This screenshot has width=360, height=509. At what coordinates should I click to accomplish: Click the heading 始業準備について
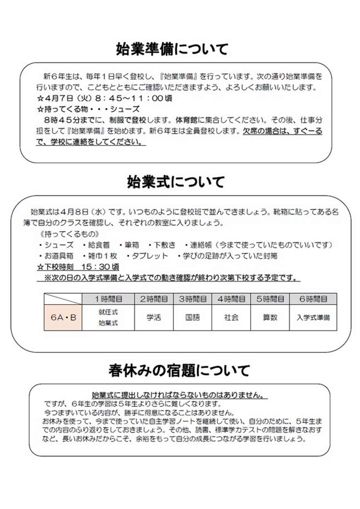[x=172, y=49]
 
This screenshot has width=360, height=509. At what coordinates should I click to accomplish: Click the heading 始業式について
[x=176, y=182]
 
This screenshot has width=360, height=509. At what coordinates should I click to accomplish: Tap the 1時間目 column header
[x=108, y=299]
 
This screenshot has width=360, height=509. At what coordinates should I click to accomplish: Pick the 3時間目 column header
[x=193, y=299]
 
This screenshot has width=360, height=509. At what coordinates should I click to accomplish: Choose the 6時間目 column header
[x=313, y=299]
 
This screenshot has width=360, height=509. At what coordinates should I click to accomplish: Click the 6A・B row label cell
[x=63, y=317]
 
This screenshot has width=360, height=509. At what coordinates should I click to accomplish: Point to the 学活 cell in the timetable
[x=154, y=317]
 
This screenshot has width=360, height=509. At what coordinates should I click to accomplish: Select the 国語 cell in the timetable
[x=193, y=317]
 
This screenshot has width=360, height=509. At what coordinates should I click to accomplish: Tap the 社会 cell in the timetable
[x=231, y=317]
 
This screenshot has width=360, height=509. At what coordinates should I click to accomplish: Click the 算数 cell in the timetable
[x=270, y=317]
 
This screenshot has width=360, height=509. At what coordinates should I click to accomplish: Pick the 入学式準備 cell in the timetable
[x=313, y=317]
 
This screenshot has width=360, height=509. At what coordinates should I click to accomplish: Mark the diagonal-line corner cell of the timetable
[x=63, y=299]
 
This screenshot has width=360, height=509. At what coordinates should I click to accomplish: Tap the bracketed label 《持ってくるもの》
[x=70, y=234]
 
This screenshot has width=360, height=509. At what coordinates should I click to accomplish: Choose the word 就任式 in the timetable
[x=108, y=312]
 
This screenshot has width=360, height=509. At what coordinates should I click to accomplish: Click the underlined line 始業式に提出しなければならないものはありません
[x=179, y=395]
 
